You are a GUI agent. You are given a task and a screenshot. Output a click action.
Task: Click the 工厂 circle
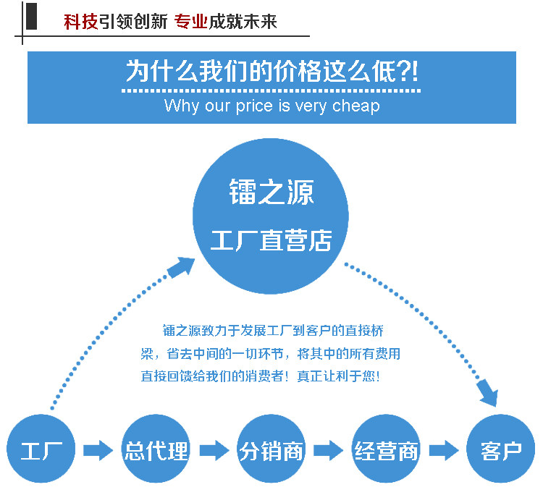(41, 450)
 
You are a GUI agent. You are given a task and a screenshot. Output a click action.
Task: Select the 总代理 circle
(156, 450)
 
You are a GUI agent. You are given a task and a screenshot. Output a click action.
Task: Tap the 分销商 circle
(271, 450)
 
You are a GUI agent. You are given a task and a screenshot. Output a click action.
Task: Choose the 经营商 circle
(387, 450)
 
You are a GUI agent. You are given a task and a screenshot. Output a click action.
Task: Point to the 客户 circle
(501, 450)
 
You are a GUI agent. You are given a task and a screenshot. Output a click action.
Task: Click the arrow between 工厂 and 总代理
(98, 451)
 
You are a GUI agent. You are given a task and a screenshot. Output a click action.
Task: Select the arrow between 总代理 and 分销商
(214, 451)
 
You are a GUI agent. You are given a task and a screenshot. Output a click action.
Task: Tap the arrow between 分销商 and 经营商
(328, 451)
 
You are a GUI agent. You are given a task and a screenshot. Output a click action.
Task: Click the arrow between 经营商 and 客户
(444, 451)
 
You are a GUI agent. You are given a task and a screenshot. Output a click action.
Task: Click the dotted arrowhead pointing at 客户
(489, 394)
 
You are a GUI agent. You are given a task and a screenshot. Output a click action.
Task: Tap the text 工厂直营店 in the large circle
(271, 240)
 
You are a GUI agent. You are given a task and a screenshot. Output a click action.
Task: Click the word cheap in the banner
(355, 106)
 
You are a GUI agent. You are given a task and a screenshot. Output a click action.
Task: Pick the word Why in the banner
(181, 106)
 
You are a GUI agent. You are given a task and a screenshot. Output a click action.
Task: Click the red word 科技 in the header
(80, 22)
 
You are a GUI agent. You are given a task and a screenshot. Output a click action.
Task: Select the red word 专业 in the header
(191, 22)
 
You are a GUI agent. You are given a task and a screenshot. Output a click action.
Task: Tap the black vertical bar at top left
(30, 15)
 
